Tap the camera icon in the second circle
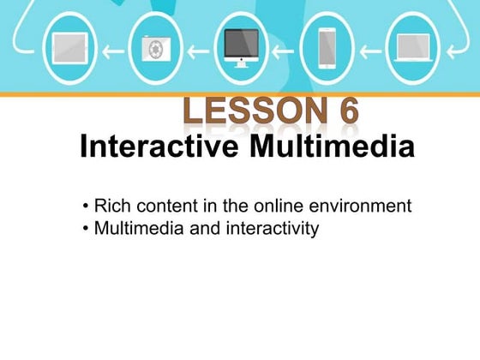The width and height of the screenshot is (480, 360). (x=155, y=48)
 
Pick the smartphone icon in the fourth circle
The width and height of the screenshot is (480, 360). (x=327, y=48)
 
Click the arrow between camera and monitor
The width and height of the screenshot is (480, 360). (x=198, y=49)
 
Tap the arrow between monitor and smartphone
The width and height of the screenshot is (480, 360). (x=284, y=49)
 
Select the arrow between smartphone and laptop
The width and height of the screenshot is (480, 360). (x=369, y=49)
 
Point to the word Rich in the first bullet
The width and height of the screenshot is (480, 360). (x=111, y=207)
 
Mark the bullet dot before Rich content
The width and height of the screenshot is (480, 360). (x=87, y=207)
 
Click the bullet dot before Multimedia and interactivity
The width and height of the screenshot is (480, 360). (x=87, y=230)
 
